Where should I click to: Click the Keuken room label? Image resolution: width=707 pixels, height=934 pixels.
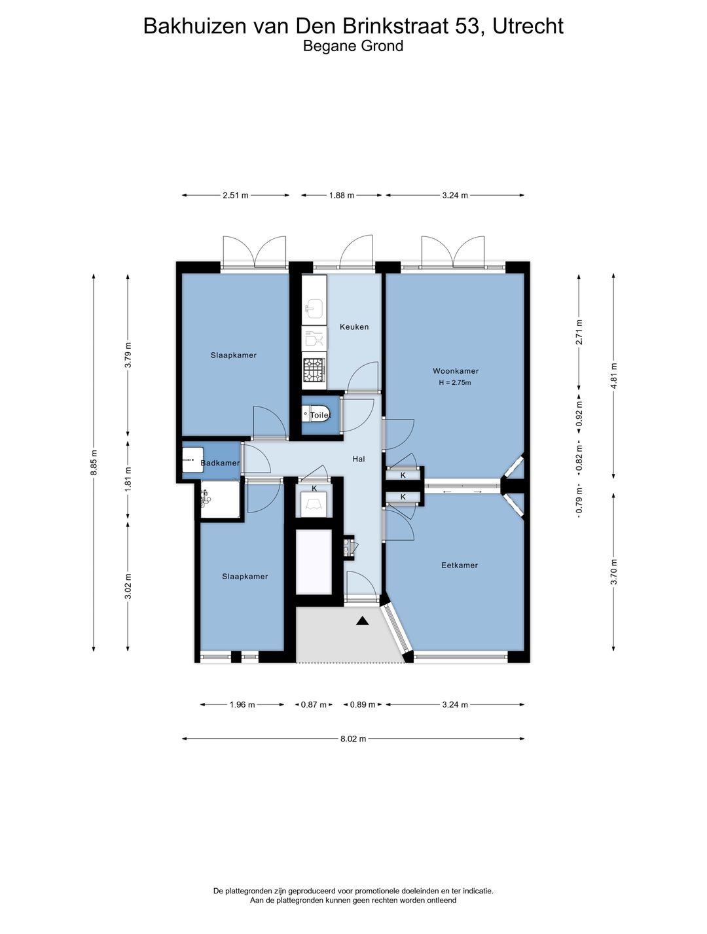click(x=354, y=327)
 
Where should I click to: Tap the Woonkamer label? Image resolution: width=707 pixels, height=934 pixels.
click(x=456, y=371)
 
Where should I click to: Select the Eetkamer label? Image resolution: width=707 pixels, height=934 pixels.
click(x=460, y=566)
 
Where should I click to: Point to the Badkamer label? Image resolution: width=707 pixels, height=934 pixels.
click(x=220, y=463)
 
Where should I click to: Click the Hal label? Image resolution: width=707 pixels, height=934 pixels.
click(x=359, y=459)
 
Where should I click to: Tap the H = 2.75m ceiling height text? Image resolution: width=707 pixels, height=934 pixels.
click(x=455, y=382)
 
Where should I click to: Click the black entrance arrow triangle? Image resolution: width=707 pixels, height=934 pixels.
click(x=363, y=621)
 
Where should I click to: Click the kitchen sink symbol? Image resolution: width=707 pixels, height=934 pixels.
click(x=314, y=308)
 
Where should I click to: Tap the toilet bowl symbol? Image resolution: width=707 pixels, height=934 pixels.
click(x=316, y=414)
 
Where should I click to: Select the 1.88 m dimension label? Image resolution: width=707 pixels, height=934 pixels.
click(x=342, y=195)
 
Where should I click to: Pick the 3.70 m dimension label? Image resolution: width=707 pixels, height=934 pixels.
click(x=613, y=572)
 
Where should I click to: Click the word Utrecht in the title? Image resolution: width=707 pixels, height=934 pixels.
click(x=528, y=26)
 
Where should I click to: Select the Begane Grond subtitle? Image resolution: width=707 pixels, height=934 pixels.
click(x=353, y=46)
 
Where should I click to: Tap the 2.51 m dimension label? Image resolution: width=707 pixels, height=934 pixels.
click(x=236, y=195)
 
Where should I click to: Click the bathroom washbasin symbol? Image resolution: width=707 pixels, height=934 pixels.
click(x=192, y=459)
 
